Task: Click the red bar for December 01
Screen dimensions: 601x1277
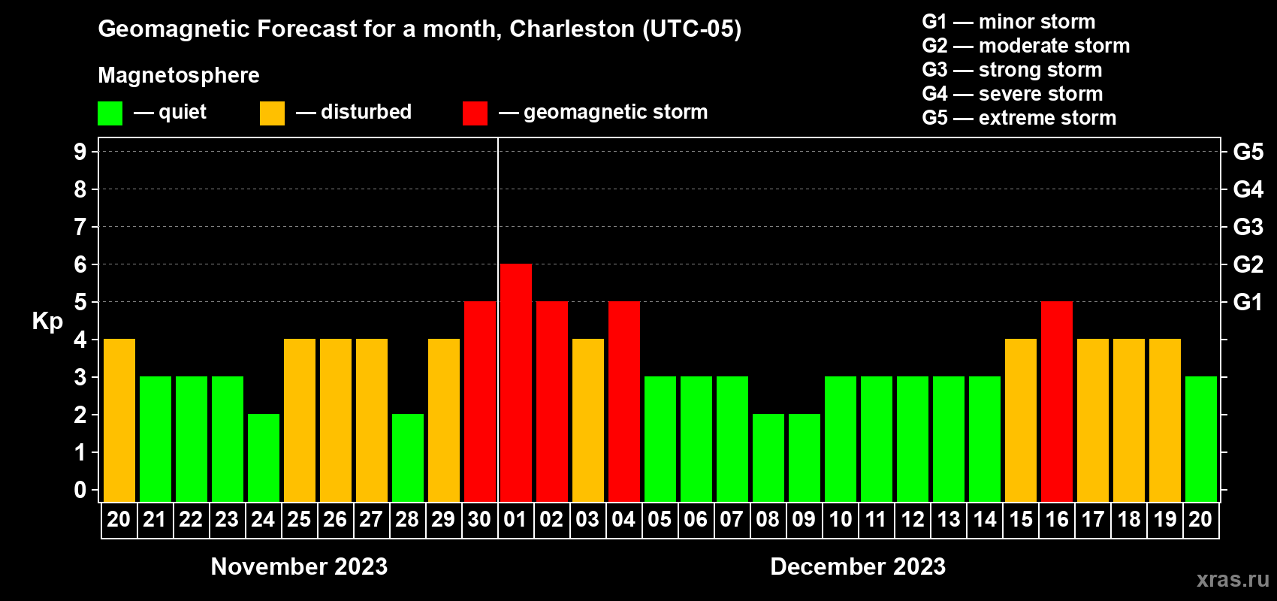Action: click(x=516, y=382)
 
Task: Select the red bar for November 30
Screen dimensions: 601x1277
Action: click(x=480, y=401)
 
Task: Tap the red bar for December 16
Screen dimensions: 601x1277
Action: click(x=1057, y=401)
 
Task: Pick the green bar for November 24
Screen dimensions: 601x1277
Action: click(x=264, y=458)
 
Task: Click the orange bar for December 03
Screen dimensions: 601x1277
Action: click(x=588, y=420)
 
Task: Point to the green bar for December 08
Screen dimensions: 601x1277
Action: click(x=768, y=458)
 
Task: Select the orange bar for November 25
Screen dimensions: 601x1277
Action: click(x=300, y=420)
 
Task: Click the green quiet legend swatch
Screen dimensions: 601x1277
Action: click(x=110, y=113)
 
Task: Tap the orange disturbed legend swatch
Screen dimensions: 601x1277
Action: click(x=272, y=113)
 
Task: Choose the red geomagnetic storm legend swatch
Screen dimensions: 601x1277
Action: click(x=475, y=113)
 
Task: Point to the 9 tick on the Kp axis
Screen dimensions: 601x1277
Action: click(x=80, y=152)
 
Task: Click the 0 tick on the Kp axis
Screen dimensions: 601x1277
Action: click(x=80, y=490)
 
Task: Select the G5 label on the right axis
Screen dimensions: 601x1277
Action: click(x=1248, y=152)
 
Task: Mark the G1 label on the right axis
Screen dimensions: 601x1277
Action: click(x=1248, y=302)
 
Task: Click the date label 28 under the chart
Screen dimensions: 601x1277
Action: click(x=407, y=519)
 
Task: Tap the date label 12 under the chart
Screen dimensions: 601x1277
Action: click(x=913, y=519)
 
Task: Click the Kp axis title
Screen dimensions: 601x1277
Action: click(x=47, y=321)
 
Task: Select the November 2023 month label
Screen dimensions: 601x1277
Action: click(x=299, y=566)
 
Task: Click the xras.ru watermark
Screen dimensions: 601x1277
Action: click(x=1233, y=579)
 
